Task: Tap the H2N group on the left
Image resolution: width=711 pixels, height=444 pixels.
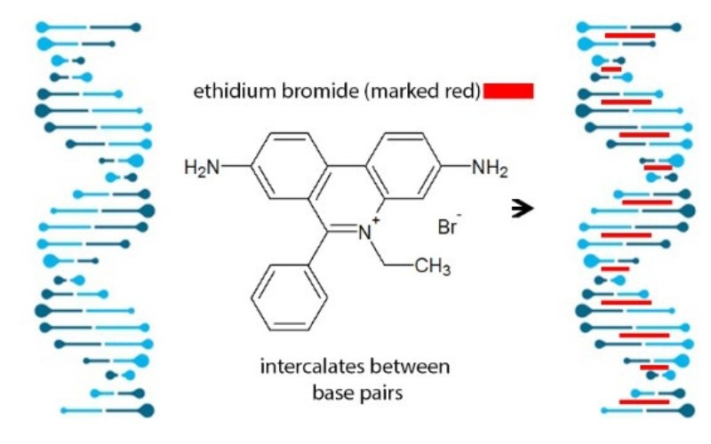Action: pos(201,167)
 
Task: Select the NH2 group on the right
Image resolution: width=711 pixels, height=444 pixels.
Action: pos(488,167)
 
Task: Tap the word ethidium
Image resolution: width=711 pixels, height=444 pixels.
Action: pos(228,91)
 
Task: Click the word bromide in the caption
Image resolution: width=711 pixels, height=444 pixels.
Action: pos(306,91)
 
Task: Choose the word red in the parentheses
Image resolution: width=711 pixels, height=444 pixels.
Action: pos(462,91)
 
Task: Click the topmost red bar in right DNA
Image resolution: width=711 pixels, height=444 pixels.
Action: pos(629,36)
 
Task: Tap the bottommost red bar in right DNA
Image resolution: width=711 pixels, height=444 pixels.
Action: pos(643,402)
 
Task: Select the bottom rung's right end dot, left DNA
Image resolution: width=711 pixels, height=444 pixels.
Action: pos(148,410)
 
